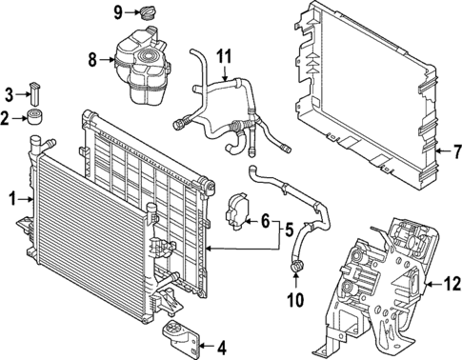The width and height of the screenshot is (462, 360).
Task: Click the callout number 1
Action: pyautogui.click(x=13, y=199)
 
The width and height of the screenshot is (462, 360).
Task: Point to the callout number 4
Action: pyautogui.click(x=222, y=347)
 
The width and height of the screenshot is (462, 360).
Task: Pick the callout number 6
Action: pyautogui.click(x=266, y=220)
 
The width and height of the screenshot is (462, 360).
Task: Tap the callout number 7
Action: pyautogui.click(x=456, y=150)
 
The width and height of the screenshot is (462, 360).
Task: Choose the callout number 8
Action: pyautogui.click(x=92, y=59)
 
